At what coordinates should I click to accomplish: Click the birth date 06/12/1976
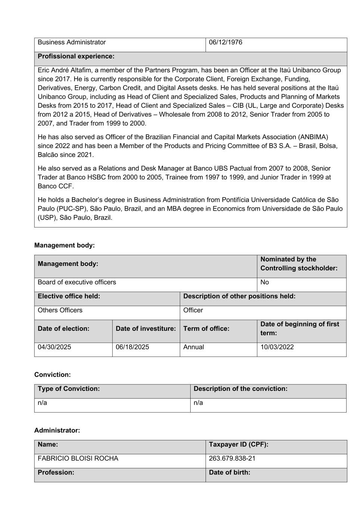(x=225, y=43)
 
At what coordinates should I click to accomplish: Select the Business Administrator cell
(x=72, y=43)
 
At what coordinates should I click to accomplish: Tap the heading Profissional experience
(x=76, y=56)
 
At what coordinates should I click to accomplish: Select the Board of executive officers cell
(x=77, y=282)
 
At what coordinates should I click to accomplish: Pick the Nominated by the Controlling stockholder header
(x=298, y=264)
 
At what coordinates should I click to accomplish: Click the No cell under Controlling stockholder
(x=264, y=282)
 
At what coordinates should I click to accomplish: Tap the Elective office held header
(x=69, y=296)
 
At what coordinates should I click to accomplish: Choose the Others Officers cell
(x=60, y=310)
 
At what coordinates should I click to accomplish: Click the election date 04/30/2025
(x=54, y=347)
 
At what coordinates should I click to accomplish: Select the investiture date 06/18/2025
(x=132, y=347)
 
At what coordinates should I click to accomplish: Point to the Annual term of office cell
(x=194, y=347)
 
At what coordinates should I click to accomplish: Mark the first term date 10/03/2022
(x=277, y=347)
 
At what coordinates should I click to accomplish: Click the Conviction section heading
(x=52, y=375)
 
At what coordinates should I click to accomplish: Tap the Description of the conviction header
(x=241, y=389)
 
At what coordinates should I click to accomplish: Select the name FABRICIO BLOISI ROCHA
(x=78, y=459)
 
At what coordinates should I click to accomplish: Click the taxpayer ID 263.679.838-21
(x=232, y=459)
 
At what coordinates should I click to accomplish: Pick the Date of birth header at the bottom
(x=229, y=472)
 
